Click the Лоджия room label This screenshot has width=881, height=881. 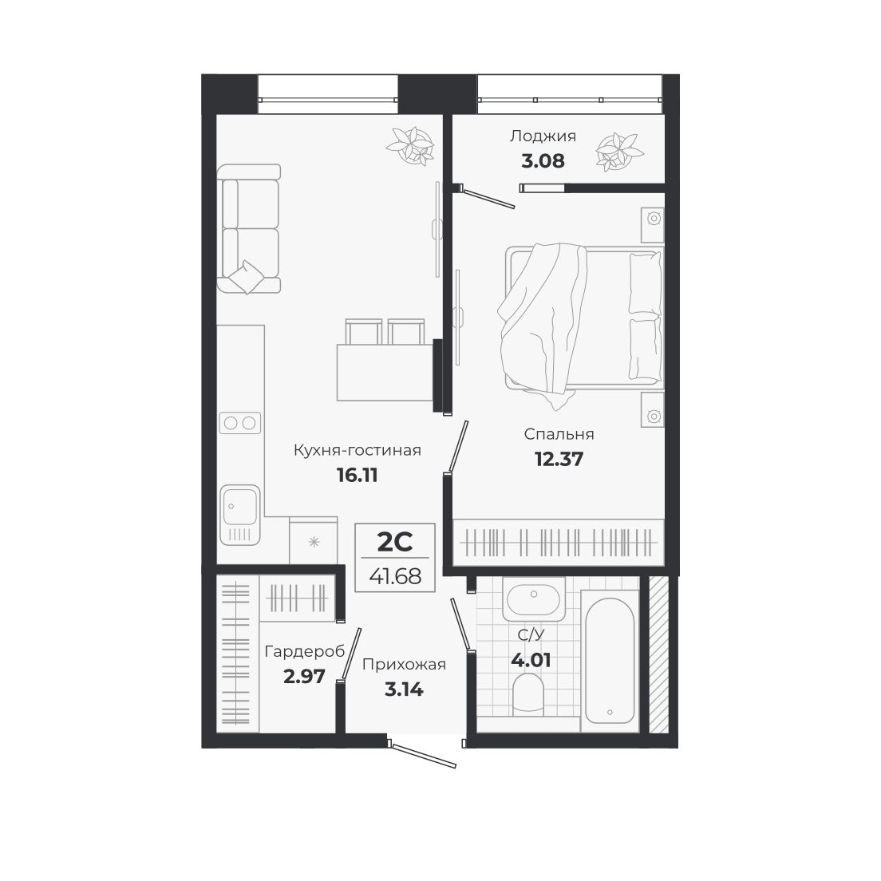pos(543,136)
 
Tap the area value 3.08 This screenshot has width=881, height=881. pos(543,160)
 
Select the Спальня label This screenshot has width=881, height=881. pos(559,434)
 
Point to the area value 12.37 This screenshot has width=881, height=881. pos(559,459)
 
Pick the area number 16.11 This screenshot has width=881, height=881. pos(357,476)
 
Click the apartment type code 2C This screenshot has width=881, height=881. pos(394,543)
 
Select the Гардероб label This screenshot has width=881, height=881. pos(304,652)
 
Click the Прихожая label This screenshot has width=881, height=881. pos(404,664)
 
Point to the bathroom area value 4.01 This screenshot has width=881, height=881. pos(531,661)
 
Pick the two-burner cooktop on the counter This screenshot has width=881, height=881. pos(240,423)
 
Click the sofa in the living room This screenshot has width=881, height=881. pos(249,229)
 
